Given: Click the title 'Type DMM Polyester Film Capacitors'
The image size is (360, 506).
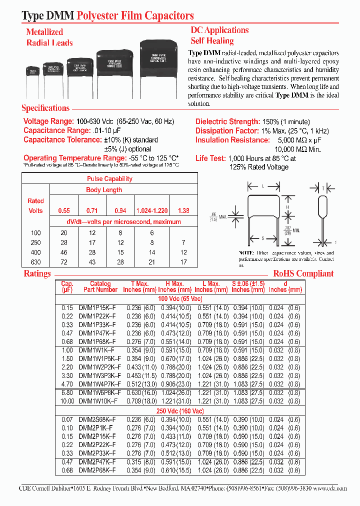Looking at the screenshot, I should pos(107,16).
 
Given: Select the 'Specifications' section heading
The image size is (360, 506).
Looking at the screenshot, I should pos(45,108).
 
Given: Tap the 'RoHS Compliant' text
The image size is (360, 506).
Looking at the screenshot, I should pos(303,273).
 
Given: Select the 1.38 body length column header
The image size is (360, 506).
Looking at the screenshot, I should pos(183,210).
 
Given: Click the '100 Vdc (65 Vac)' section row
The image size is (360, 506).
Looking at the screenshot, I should pos(180,298).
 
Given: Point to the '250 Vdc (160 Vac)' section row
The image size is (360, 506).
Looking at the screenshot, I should pos(180,410).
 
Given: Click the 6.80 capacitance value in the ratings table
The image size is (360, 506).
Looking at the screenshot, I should pos(67,392).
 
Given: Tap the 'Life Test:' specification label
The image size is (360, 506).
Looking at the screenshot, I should pos(210,158).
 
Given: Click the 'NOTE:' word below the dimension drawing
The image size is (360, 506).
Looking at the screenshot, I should pos(247,252).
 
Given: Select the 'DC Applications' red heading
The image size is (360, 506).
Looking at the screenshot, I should pos(219,30).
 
